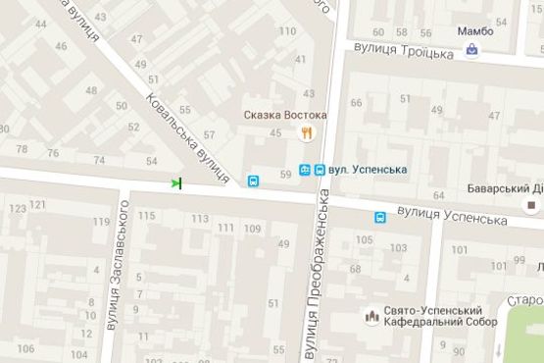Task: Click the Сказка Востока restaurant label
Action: click(286, 115)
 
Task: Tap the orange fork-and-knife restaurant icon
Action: click(307, 134)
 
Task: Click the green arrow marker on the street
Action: click(176, 182)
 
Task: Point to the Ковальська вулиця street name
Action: click(186, 137)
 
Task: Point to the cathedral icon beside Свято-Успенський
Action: click(372, 316)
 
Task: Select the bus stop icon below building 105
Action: click(378, 218)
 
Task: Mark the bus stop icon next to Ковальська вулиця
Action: click(254, 181)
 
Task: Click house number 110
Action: click(286, 31)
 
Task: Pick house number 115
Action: click(147, 216)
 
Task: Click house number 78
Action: click(22, 149)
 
